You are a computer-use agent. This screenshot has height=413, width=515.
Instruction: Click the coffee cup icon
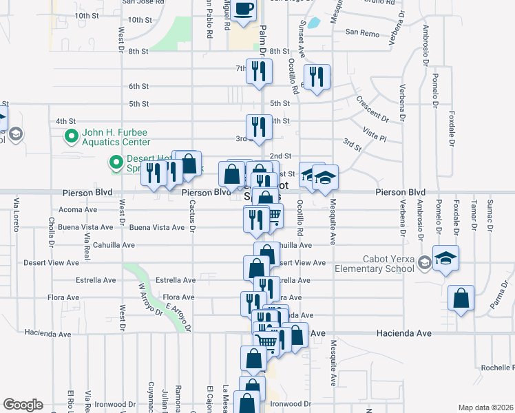244,9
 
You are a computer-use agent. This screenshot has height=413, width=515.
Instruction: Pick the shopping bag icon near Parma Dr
461,299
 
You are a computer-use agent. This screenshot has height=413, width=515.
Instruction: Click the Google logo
23,405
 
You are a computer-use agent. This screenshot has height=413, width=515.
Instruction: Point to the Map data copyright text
485,407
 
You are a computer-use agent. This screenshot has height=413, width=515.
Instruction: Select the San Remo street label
362,32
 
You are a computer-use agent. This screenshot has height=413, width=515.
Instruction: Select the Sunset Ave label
301,30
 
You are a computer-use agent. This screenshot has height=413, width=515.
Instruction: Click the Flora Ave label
178,297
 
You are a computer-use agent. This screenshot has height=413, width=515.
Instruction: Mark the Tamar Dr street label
473,215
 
